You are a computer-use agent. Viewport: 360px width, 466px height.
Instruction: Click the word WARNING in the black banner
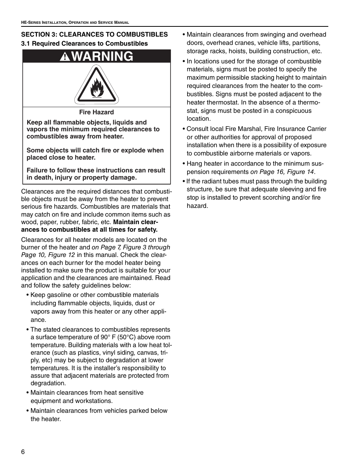pos(102,56)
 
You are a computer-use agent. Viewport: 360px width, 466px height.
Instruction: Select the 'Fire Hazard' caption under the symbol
pos(96,112)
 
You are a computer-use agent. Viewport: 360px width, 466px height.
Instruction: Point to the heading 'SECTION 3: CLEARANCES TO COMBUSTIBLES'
pos(94,34)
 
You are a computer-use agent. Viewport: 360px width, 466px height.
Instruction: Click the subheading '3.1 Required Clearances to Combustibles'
pos(85,43)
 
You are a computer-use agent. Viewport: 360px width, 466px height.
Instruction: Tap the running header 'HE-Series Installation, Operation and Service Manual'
pos(75,23)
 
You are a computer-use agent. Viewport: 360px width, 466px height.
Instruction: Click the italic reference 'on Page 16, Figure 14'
pos(282,172)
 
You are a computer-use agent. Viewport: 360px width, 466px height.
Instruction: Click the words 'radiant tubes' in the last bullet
pos(225,181)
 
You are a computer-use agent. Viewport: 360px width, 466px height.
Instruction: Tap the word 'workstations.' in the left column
pos(94,401)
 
